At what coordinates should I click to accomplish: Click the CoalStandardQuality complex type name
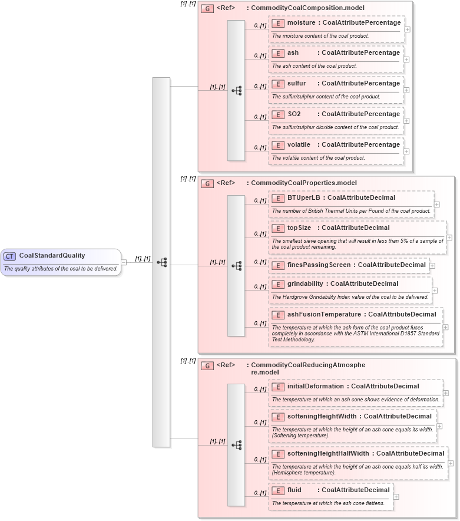point(52,256)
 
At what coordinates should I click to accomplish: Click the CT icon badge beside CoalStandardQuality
point(10,256)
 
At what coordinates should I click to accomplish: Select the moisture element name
point(301,22)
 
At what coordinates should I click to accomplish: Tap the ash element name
point(293,53)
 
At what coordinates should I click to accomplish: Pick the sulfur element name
point(296,84)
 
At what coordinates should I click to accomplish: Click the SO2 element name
point(294,114)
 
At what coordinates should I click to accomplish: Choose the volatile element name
point(299,145)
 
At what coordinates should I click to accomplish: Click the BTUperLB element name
point(303,198)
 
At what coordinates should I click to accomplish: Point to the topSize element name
point(299,228)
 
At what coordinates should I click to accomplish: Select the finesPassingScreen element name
point(319,265)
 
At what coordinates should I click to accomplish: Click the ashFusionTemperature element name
point(323,315)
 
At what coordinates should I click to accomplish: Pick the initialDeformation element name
point(315,387)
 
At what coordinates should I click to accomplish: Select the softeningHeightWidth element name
point(322,417)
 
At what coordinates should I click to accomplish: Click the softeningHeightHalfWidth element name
point(328,454)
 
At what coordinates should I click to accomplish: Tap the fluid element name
point(294,490)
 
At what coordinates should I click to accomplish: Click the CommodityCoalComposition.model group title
point(307,8)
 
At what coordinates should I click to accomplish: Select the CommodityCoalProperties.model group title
point(303,183)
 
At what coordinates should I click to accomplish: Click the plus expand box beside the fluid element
point(396,497)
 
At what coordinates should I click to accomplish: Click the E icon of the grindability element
point(277,284)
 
